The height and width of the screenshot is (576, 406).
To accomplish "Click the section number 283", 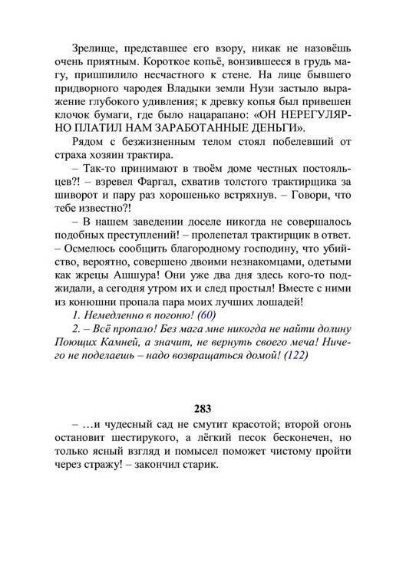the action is coord(203,407).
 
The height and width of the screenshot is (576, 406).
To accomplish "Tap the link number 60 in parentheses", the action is coord(206,315).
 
